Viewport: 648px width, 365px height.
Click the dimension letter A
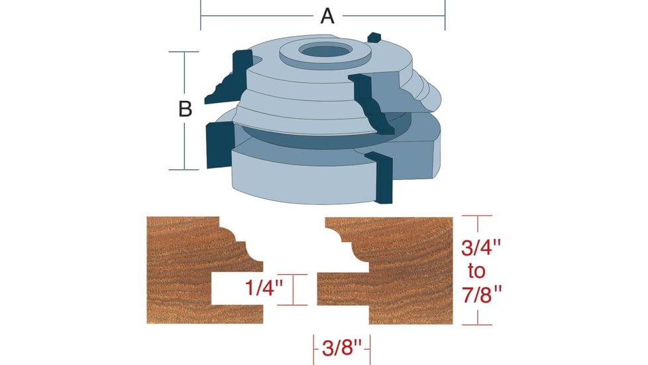(327, 15)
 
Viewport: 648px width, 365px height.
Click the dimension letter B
(186, 110)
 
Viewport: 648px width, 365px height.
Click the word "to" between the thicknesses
(476, 272)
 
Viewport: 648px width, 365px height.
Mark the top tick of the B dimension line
(184, 52)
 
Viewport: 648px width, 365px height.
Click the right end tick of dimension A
(445, 15)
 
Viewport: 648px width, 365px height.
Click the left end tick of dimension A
(201, 15)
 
